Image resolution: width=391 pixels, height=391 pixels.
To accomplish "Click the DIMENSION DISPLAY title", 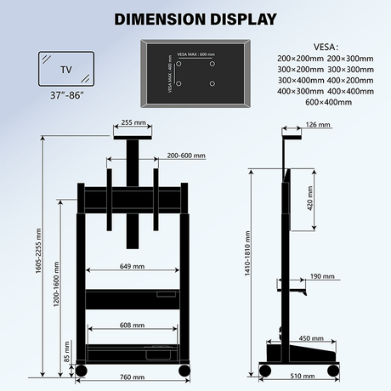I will click(195, 19).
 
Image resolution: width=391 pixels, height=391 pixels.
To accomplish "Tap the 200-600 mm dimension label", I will click(188, 156).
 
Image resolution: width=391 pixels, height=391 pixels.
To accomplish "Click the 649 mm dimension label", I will click(130, 266).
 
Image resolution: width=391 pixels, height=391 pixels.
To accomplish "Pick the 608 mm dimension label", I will click(130, 325).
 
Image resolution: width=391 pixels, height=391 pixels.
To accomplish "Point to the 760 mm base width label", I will click(130, 377).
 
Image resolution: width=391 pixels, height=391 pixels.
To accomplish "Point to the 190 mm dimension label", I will click(321, 276).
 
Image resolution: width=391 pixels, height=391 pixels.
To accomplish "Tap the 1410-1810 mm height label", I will click(248, 252).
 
